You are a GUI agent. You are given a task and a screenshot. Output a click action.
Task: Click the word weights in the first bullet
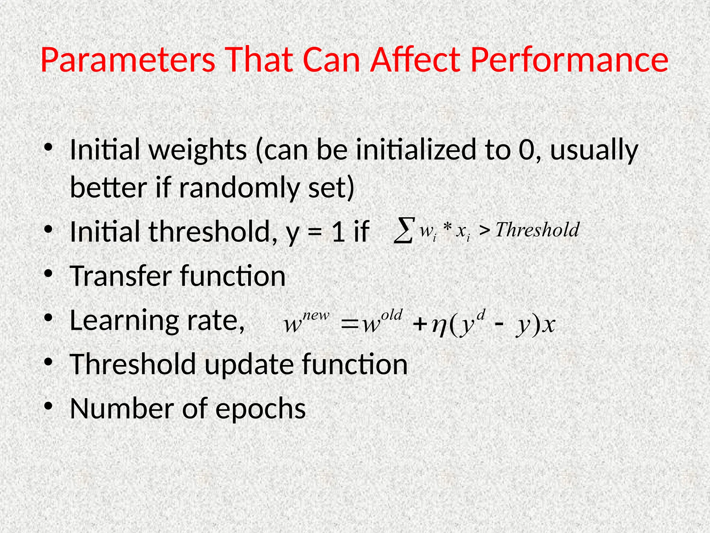click(x=198, y=150)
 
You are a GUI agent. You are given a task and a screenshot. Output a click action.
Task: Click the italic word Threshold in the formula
click(x=537, y=230)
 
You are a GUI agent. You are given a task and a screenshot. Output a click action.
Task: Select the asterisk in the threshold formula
click(x=448, y=229)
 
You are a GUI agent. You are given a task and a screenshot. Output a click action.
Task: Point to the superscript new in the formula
click(x=316, y=316)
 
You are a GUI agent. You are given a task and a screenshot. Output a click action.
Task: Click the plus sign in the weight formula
click(x=419, y=325)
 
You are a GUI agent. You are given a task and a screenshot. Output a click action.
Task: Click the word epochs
click(x=260, y=408)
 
